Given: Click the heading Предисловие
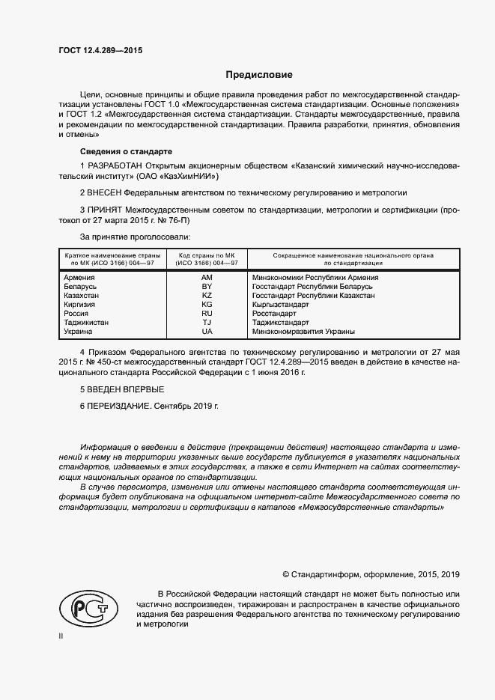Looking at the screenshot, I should point(259,75).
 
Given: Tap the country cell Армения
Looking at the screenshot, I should point(79,277).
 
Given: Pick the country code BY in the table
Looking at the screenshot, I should point(207,286).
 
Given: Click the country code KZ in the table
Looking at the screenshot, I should point(207,295).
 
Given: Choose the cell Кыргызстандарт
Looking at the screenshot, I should point(281,304).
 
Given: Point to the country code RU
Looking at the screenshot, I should point(207,313).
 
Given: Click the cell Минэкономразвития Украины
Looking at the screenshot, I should point(304,331).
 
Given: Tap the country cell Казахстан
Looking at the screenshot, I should point(82,295).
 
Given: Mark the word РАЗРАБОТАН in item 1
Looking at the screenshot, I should point(118,165).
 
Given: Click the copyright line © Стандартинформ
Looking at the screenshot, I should point(371,575).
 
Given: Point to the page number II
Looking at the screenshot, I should point(61,636).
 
